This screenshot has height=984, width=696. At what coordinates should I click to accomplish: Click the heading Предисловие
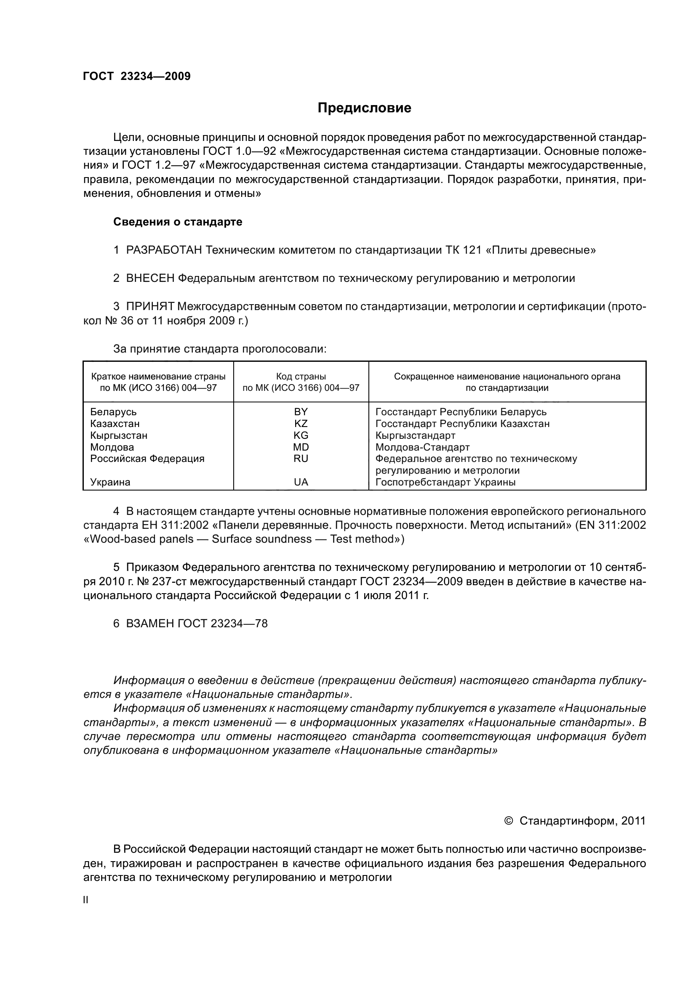point(364,108)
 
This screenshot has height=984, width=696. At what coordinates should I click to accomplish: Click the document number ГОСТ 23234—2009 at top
point(137,76)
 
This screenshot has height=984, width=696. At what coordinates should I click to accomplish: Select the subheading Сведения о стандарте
point(178,222)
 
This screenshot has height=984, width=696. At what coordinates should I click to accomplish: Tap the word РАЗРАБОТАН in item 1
point(164,250)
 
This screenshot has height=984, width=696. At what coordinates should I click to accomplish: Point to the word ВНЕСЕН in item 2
point(150,278)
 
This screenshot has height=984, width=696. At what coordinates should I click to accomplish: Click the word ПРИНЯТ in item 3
point(149,307)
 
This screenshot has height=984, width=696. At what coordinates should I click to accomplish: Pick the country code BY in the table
point(301,412)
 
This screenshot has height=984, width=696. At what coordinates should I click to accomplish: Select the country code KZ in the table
point(301,424)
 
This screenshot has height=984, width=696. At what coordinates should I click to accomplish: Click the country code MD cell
point(301,448)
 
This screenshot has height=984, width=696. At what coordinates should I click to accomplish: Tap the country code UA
point(301,482)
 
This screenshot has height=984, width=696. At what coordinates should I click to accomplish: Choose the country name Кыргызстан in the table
point(119,435)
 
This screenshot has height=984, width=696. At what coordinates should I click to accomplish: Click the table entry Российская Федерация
point(147,459)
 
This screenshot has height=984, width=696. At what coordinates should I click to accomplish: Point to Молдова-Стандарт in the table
point(422,448)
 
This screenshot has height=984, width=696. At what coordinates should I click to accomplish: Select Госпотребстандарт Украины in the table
point(445,482)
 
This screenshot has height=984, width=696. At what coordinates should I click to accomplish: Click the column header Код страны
point(301,377)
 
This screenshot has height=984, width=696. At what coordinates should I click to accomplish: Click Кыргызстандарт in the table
point(415,435)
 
